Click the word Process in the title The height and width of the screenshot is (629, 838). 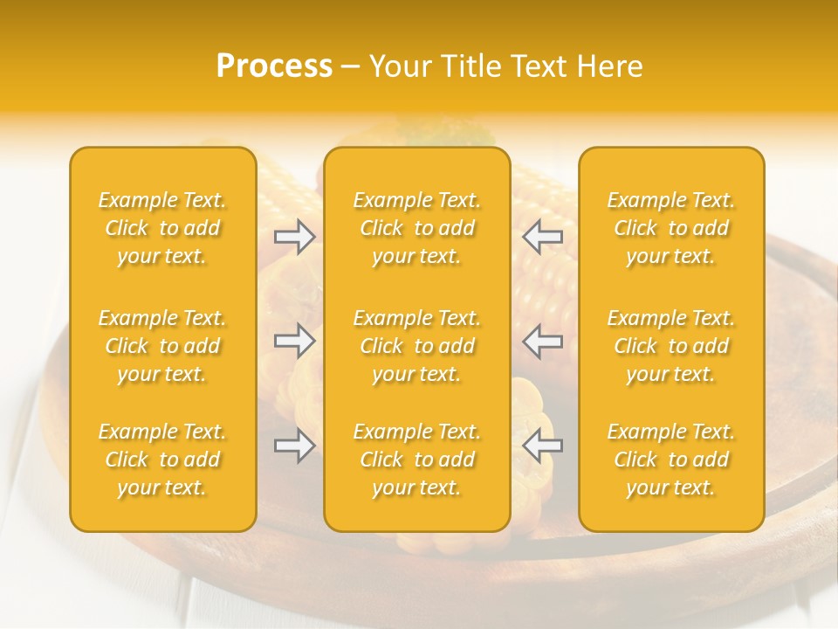click(274, 66)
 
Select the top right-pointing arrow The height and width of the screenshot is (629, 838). click(295, 237)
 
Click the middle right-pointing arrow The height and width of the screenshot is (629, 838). click(295, 341)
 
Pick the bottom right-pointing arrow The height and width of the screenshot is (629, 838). click(295, 446)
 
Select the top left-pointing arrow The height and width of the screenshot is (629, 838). click(543, 237)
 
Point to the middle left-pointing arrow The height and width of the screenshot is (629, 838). click(543, 341)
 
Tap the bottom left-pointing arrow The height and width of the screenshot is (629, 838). click(543, 446)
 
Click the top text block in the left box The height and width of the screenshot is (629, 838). click(162, 228)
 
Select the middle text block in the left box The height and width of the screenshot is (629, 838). click(162, 346)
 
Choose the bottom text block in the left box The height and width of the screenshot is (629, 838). click(162, 460)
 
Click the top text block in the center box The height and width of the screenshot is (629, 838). click(417, 228)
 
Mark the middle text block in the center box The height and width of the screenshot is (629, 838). click(417, 346)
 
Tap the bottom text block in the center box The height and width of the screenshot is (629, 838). click(417, 460)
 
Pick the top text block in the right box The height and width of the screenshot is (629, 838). click(671, 228)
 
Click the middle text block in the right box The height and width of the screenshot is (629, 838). click(671, 346)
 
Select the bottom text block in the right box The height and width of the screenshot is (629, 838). click(671, 460)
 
